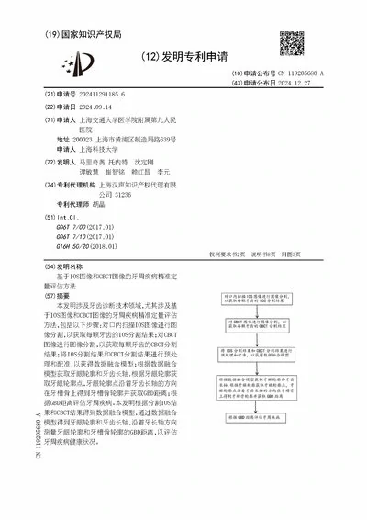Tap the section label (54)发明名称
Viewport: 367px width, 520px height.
point(66,266)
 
